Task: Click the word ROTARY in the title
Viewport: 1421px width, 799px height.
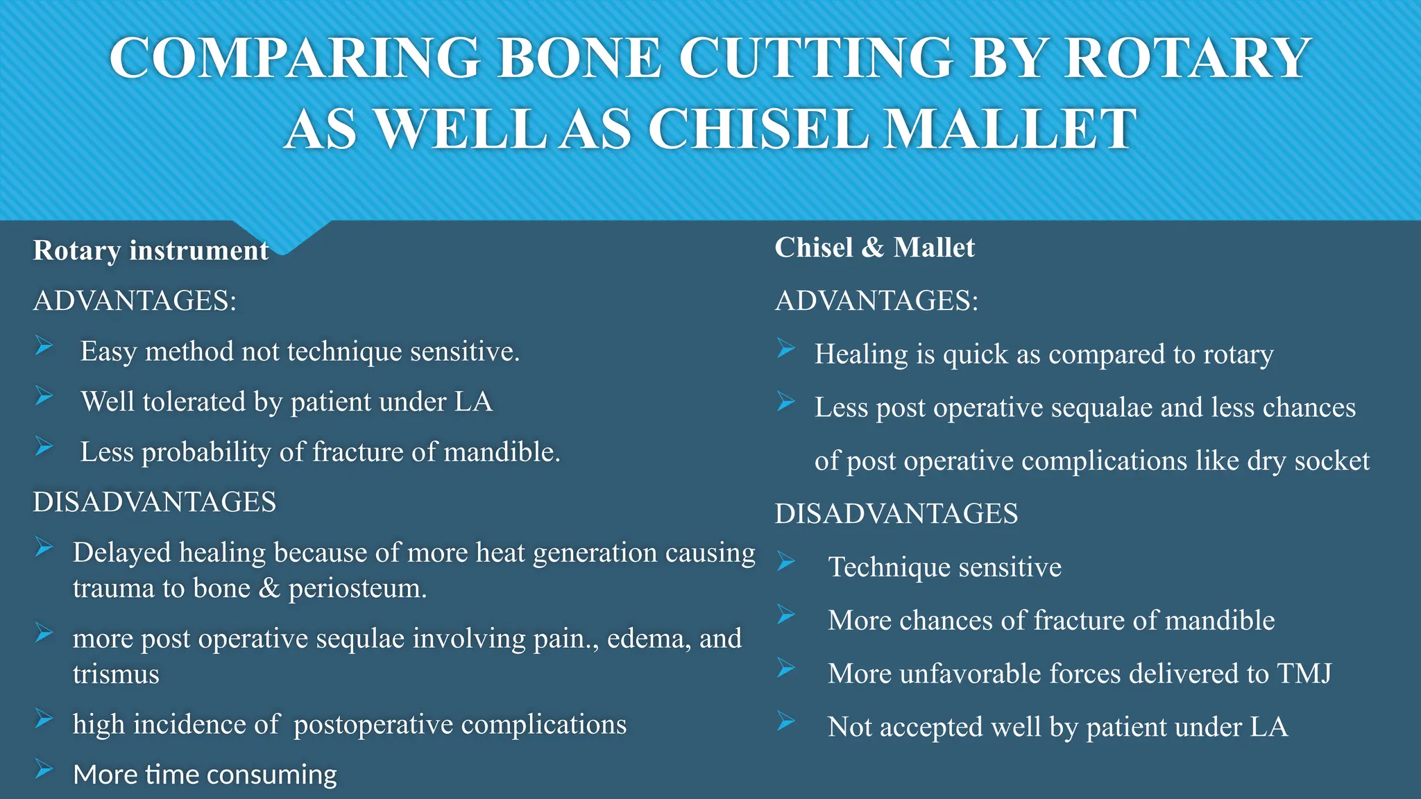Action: [x=1187, y=58]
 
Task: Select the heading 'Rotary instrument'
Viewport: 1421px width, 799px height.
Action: [x=151, y=250]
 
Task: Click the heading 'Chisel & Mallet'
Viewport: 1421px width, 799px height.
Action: [x=874, y=248]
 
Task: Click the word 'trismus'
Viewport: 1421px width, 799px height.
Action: [x=116, y=674]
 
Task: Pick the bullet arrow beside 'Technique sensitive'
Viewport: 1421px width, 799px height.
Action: [x=786, y=561]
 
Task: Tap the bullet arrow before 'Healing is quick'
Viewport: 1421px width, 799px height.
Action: [x=786, y=348]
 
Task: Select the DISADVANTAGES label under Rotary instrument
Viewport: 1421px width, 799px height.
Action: [x=155, y=502]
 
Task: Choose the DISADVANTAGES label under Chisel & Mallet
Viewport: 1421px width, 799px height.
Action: [x=896, y=514]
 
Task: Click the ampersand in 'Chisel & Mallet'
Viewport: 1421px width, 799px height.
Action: [x=873, y=248]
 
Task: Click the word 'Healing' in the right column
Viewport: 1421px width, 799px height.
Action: [x=861, y=354]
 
